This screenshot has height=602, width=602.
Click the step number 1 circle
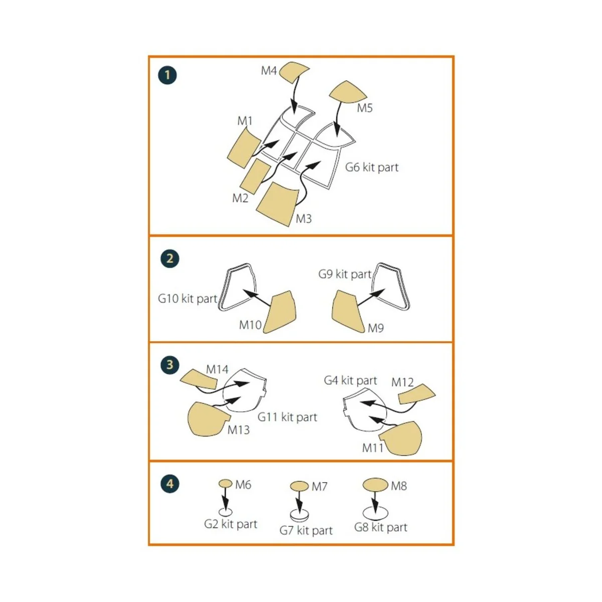(x=167, y=75)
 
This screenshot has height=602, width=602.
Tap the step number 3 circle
(x=170, y=365)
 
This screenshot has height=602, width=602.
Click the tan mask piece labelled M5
(x=347, y=92)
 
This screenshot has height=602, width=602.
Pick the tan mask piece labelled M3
(x=276, y=204)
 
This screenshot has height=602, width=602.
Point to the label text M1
(x=245, y=121)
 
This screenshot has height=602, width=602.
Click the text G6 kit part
(x=372, y=168)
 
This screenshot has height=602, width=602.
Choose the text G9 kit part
(x=345, y=274)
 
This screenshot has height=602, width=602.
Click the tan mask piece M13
(x=206, y=418)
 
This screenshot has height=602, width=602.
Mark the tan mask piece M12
(x=416, y=394)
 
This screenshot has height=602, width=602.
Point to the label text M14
(x=217, y=369)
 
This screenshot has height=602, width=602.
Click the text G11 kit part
(x=287, y=417)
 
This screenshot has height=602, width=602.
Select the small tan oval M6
(x=226, y=484)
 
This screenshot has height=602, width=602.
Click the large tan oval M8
(x=375, y=485)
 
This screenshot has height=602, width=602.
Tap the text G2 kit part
(x=230, y=524)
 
